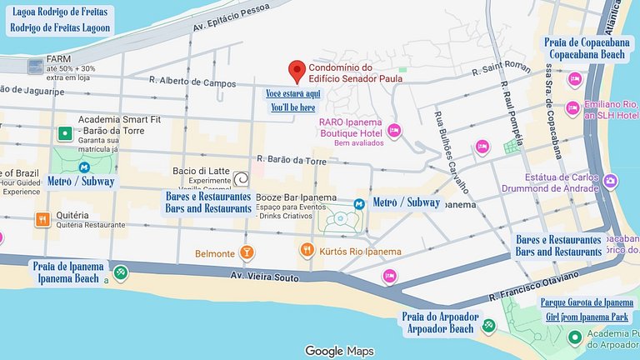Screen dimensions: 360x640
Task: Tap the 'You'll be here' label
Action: tap(293, 107)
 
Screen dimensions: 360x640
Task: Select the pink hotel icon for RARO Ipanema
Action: tap(394, 129)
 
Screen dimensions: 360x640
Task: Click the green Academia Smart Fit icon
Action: tap(64, 132)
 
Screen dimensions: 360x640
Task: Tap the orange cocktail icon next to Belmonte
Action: tap(247, 252)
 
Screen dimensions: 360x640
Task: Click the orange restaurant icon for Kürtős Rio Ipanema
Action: tap(307, 251)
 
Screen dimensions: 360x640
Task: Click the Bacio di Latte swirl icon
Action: tap(241, 178)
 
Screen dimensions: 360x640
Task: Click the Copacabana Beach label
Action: tap(583, 53)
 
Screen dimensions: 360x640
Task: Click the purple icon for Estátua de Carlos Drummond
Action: tap(611, 181)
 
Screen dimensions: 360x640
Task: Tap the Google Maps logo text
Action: tap(338, 351)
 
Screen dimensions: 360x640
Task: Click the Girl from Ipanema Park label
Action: tap(587, 317)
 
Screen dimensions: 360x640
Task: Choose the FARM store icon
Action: tap(35, 66)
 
